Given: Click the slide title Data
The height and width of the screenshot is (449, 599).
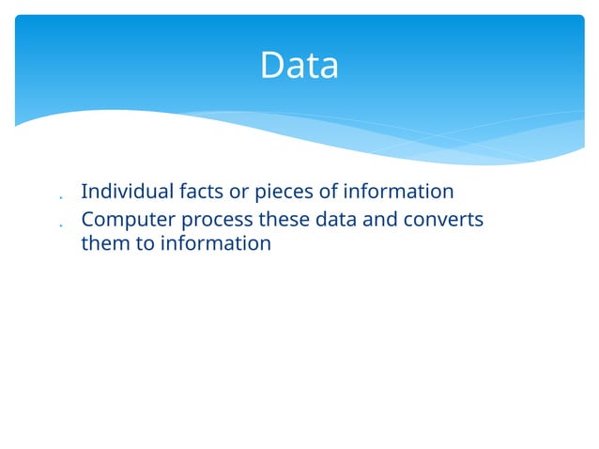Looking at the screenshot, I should pyautogui.click(x=299, y=66).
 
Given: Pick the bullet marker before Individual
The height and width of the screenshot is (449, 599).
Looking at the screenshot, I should pyautogui.click(x=60, y=198).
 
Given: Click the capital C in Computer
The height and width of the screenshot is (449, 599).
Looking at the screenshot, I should pyautogui.click(x=88, y=220).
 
